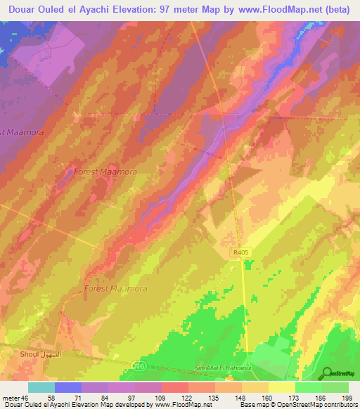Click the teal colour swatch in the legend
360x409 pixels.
click(41, 387)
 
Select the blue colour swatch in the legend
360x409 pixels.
click(68, 387)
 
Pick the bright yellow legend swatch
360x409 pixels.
click(282, 387)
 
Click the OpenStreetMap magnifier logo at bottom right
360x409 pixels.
click(327, 372)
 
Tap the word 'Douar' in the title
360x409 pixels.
click(22, 9)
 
